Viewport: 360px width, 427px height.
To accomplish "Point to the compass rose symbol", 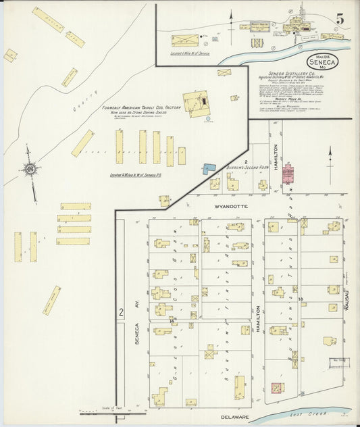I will pos(30,169).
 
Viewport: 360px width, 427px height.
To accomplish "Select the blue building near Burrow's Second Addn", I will pos(208,170).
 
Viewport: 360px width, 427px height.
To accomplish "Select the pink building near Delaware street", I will pos(277,388).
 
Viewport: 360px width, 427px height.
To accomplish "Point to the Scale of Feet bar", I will pos(112,410).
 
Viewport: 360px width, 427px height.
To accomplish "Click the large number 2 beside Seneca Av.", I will pos(121,312).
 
